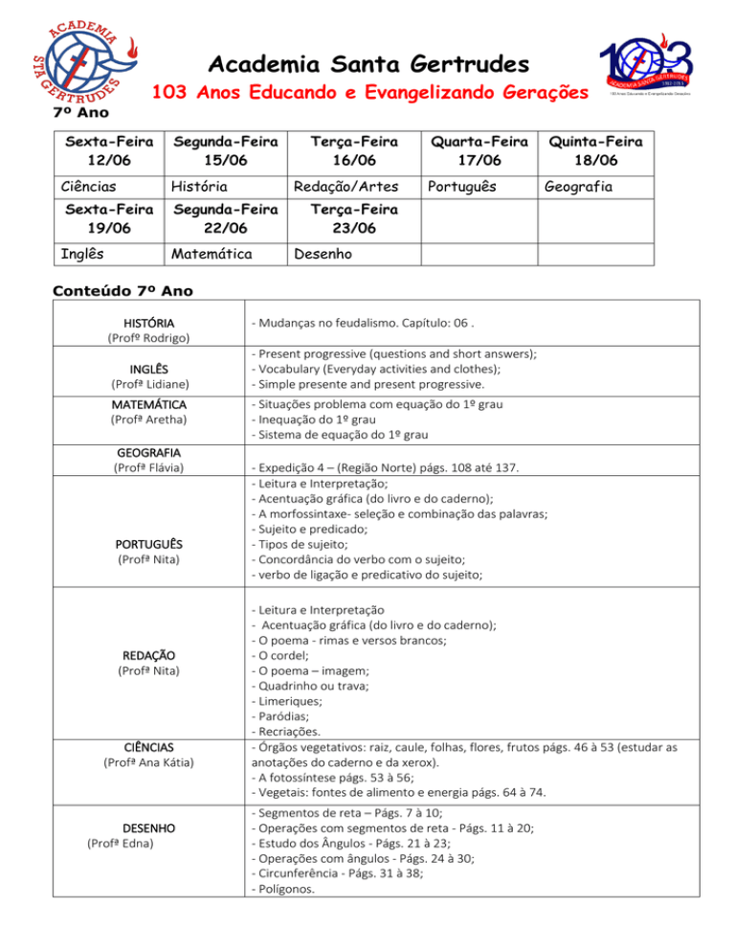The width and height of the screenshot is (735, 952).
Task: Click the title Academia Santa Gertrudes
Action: [367, 65]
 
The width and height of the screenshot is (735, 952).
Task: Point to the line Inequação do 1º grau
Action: [307, 420]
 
